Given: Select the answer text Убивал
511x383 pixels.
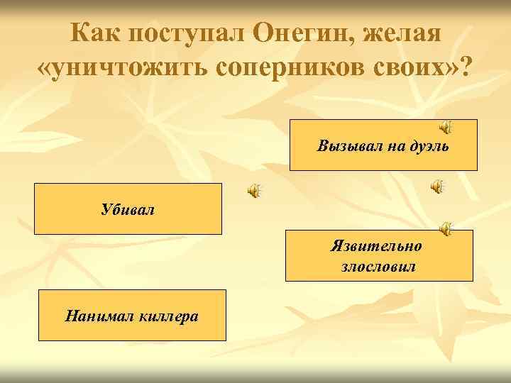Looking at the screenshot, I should (128, 210).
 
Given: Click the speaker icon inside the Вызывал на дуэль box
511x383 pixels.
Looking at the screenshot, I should (445, 126).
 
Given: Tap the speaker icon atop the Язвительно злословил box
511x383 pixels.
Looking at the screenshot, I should (445, 228).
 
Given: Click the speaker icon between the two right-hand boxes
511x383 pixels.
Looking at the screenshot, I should (438, 186).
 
